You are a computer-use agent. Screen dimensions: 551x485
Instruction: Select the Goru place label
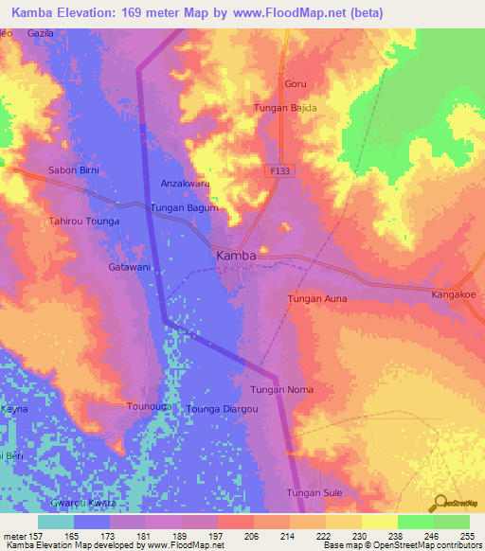(296, 84)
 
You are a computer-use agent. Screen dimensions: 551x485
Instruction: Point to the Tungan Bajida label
(285, 109)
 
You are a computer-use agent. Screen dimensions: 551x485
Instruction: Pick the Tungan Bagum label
(185, 207)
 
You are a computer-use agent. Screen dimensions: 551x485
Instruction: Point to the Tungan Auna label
(317, 299)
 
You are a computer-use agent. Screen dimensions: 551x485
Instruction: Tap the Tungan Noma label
(281, 390)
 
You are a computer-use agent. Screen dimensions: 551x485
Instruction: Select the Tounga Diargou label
(223, 408)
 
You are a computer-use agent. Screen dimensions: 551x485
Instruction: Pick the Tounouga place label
(149, 406)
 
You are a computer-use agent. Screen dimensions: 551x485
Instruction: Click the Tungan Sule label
(314, 492)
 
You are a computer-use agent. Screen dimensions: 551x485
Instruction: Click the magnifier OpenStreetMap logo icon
(440, 502)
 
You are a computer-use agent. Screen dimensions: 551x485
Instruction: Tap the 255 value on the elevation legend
(463, 535)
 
